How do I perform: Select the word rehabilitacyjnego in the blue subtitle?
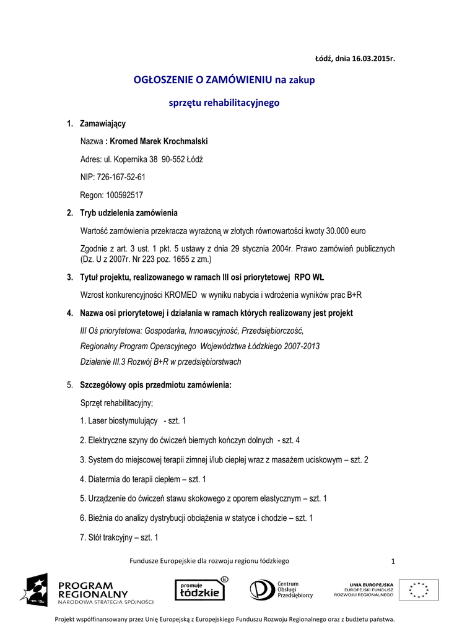243,102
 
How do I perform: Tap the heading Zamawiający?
103,124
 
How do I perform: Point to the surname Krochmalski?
182,141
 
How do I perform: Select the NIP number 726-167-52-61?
121,177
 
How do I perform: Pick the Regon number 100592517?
125,194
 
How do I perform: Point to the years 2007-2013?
299,346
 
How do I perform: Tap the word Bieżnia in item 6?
100,518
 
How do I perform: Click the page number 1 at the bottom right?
393,561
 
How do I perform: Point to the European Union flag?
419,589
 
